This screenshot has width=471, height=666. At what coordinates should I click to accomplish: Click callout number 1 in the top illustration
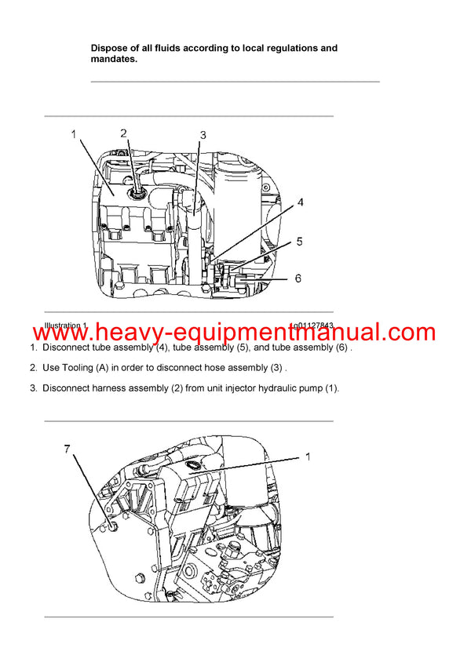74,135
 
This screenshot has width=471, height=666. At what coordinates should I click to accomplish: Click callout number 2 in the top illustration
123,133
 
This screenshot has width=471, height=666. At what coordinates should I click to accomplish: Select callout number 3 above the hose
203,136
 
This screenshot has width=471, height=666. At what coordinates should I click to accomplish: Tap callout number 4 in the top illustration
299,203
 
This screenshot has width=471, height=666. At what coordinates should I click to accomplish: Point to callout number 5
299,242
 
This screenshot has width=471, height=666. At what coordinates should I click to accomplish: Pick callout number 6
298,278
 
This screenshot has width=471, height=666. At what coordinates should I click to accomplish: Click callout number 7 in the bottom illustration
68,449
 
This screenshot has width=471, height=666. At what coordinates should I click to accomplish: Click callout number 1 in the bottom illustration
308,457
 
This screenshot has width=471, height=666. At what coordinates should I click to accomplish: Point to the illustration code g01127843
312,325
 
